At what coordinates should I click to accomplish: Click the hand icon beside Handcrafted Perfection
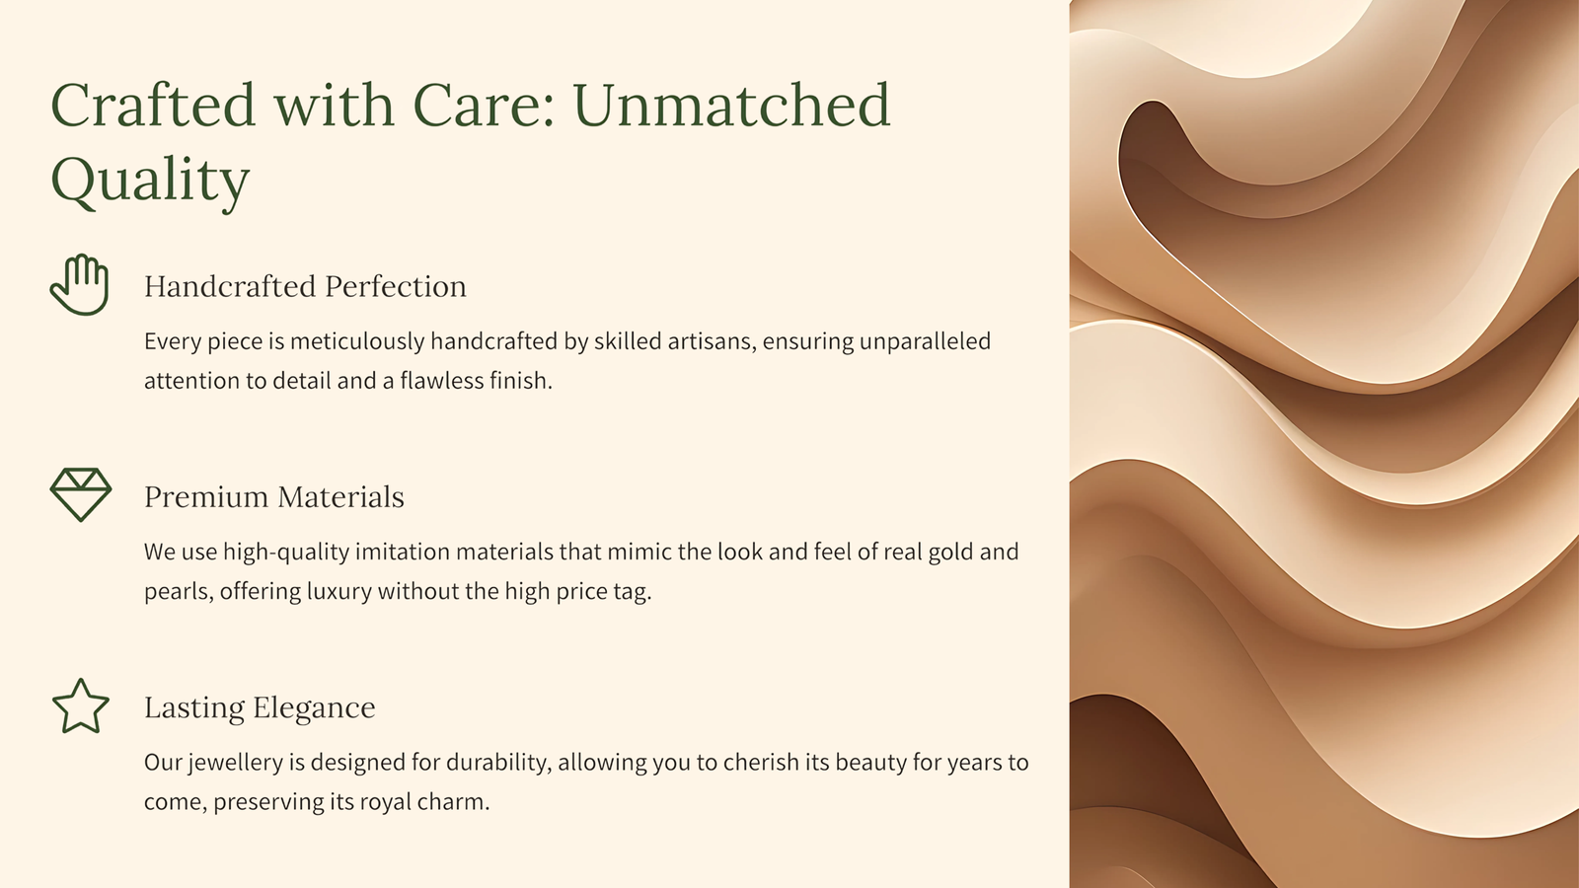tap(80, 285)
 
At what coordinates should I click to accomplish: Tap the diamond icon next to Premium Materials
tap(81, 494)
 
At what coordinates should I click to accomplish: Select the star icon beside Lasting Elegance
tap(81, 706)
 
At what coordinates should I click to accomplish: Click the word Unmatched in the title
tap(732, 105)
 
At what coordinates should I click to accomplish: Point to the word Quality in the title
tap(150, 181)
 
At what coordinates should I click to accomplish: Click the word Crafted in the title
tap(152, 105)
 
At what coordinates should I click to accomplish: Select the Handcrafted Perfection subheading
tap(305, 286)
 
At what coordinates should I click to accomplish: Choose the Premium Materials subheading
tap(274, 497)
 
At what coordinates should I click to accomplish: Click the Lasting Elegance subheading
tap(260, 707)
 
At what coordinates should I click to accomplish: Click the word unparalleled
tap(925, 342)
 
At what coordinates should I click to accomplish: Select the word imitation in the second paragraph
tap(402, 552)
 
